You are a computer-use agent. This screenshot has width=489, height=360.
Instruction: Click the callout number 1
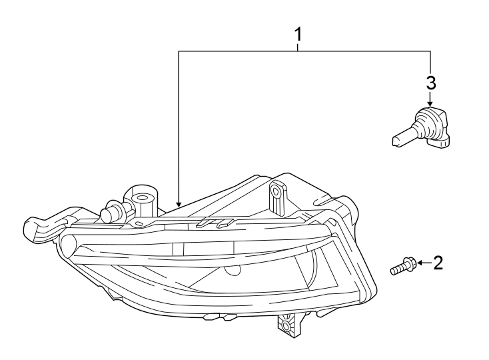click(298, 33)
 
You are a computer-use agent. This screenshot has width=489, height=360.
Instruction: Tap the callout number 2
click(438, 263)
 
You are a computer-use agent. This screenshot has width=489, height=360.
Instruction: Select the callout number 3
click(430, 83)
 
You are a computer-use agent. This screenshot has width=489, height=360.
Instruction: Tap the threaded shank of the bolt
click(398, 269)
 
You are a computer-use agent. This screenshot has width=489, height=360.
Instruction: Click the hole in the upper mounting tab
click(274, 194)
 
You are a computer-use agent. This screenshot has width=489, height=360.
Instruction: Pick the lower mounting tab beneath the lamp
click(287, 326)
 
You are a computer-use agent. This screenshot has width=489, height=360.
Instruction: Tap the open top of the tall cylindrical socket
click(143, 198)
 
